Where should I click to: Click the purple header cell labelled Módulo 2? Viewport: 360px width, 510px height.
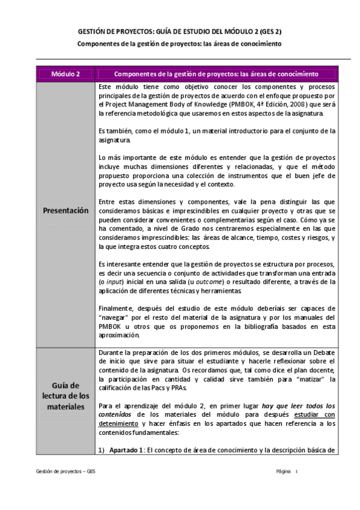(x=66, y=74)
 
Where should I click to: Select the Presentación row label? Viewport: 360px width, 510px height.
(x=66, y=210)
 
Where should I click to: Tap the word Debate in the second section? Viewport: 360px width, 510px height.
(x=323, y=353)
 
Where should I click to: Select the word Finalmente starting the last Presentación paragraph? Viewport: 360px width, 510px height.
(x=116, y=307)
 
